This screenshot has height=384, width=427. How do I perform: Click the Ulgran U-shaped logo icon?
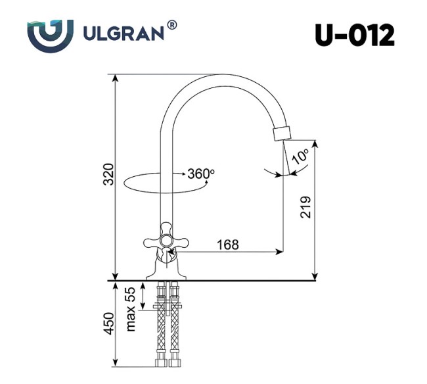click(x=50, y=34)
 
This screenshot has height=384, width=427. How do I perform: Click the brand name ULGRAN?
click(x=123, y=34)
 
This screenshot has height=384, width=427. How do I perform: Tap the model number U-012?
click(x=354, y=34)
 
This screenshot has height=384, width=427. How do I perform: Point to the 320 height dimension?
click(x=109, y=172)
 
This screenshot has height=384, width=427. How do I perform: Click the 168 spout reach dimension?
click(x=227, y=245)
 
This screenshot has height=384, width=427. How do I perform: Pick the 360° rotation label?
click(x=201, y=174)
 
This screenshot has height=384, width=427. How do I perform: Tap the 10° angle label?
click(x=302, y=157)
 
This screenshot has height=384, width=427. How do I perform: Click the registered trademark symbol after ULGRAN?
click(x=172, y=25)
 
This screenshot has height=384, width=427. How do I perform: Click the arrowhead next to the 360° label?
click(x=182, y=174)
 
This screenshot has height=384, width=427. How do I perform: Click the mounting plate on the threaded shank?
click(x=167, y=306)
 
